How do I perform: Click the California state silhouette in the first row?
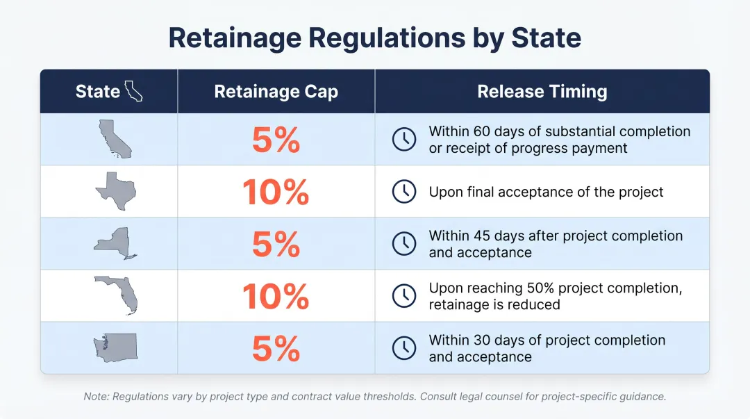pyautogui.click(x=112, y=138)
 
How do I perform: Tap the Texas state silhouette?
pyautogui.click(x=115, y=190)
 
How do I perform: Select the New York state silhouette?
pyautogui.click(x=115, y=243)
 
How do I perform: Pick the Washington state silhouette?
pyautogui.click(x=115, y=347)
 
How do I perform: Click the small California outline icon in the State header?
pyautogui.click(x=133, y=91)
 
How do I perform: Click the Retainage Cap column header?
pyautogui.click(x=276, y=92)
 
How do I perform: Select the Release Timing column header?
pyautogui.click(x=542, y=92)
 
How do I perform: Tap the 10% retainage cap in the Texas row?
pyautogui.click(x=276, y=192)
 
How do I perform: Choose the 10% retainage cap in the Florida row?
pyautogui.click(x=276, y=296)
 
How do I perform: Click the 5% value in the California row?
pyautogui.click(x=276, y=140)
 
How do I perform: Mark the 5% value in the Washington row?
pyautogui.click(x=276, y=348)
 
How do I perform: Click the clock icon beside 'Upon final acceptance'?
pyautogui.click(x=404, y=192)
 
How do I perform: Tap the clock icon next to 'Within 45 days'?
pyautogui.click(x=404, y=244)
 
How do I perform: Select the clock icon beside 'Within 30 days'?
pyautogui.click(x=404, y=348)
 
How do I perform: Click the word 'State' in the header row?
pyautogui.click(x=97, y=92)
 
